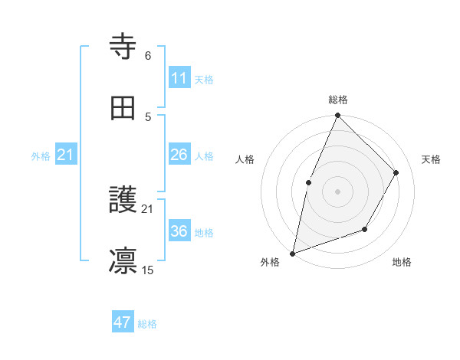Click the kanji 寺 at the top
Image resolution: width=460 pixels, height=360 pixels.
(x=123, y=47)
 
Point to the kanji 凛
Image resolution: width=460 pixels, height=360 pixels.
(x=123, y=260)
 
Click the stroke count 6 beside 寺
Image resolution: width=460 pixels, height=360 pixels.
(x=148, y=56)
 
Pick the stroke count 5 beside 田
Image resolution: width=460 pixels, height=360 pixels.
(x=148, y=116)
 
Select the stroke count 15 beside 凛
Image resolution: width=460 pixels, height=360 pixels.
(x=148, y=270)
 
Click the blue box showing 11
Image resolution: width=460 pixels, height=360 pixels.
(x=179, y=77)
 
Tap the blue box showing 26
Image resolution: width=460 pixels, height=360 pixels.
(x=179, y=155)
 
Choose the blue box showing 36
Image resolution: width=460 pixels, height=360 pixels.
(x=179, y=231)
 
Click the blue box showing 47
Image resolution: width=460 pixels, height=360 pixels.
(x=122, y=322)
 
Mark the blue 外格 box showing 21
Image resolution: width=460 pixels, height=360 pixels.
(x=66, y=155)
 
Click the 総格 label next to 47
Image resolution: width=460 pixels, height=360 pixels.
(x=147, y=324)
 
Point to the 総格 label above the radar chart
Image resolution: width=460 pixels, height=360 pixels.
(x=337, y=100)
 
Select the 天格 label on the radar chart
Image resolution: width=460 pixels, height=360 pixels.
(x=431, y=159)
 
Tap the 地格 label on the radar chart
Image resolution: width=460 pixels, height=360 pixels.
(x=402, y=263)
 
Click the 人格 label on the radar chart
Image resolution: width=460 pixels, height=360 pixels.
(x=245, y=159)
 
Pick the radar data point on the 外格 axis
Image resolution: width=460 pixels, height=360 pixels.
(x=292, y=253)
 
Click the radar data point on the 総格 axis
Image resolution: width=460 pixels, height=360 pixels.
(x=337, y=116)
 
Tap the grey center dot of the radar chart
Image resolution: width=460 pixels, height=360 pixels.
(x=337, y=191)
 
